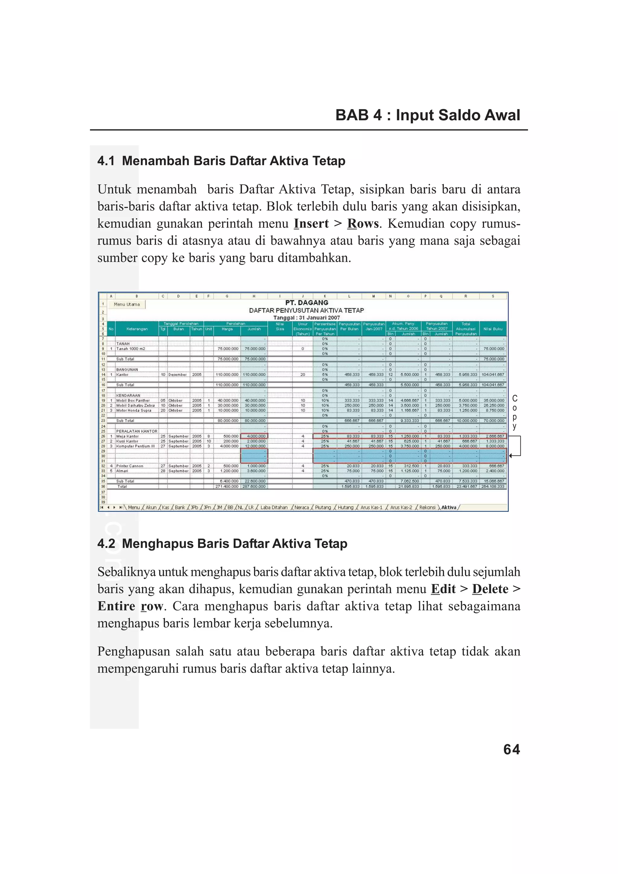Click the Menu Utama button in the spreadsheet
pyautogui.click(x=127, y=304)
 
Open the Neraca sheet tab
pyautogui.click(x=301, y=508)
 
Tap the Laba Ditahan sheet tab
pyautogui.click(x=273, y=508)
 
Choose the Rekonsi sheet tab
pyautogui.click(x=427, y=508)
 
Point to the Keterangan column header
pyautogui.click(x=137, y=329)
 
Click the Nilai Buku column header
pyautogui.click(x=493, y=329)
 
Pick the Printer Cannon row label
pyautogui.click(x=129, y=466)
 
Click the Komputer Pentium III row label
pyautogui.click(x=135, y=446)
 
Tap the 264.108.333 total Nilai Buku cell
pyautogui.click(x=493, y=486)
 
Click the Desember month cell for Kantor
pyautogui.click(x=177, y=375)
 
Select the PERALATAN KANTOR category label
pyautogui.click(x=137, y=431)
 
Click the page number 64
pyautogui.click(x=511, y=749)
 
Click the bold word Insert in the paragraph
pyautogui.click(x=311, y=223)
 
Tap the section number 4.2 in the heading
pyautogui.click(x=106, y=543)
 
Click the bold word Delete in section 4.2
pyautogui.click(x=490, y=589)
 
